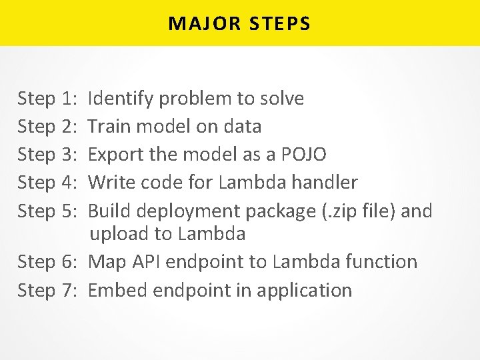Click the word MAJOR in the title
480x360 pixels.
[197, 24]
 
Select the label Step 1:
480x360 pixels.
[47, 99]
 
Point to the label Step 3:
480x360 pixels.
[47, 155]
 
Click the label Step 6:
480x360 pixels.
[47, 261]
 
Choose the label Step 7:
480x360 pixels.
[47, 290]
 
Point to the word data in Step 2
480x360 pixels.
[242, 127]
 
